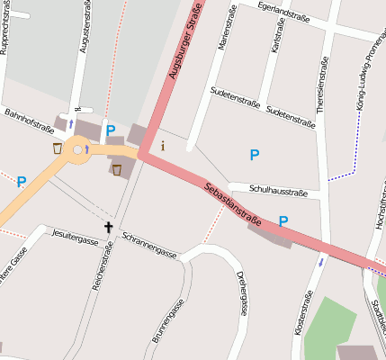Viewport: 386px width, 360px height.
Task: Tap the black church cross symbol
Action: point(109,228)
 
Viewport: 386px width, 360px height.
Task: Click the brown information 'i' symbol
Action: point(163,144)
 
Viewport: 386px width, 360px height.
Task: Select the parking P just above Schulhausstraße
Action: point(255,156)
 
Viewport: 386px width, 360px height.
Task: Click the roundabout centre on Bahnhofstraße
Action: point(77,149)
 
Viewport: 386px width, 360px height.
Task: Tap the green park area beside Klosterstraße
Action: point(328,328)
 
